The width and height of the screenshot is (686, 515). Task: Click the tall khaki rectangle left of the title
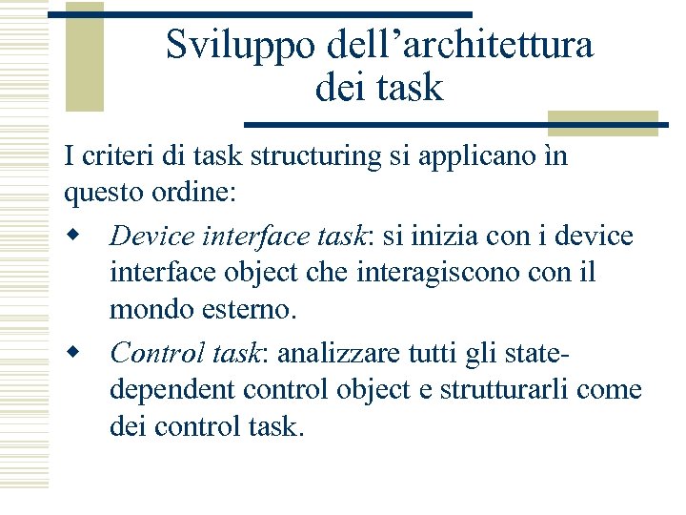pyautogui.click(x=84, y=57)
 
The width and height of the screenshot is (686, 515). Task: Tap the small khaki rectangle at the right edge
pyautogui.click(x=603, y=123)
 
